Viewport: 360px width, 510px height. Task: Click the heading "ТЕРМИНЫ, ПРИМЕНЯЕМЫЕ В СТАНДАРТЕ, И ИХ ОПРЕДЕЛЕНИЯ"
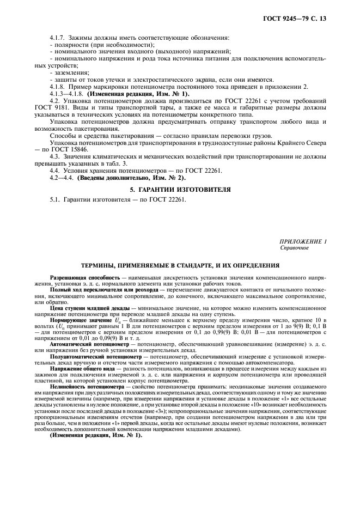point(180,265)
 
